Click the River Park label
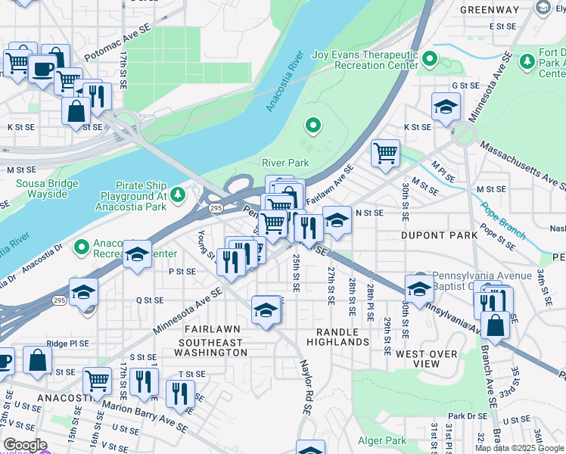(285, 163)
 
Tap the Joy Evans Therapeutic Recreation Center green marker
(430, 58)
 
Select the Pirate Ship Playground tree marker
(178, 196)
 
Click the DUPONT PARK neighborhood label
(439, 235)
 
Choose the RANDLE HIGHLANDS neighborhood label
(337, 337)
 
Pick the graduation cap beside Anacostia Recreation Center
(137, 256)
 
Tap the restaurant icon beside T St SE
(180, 393)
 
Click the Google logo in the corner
(24, 445)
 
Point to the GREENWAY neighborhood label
(489, 10)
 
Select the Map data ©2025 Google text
(519, 448)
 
